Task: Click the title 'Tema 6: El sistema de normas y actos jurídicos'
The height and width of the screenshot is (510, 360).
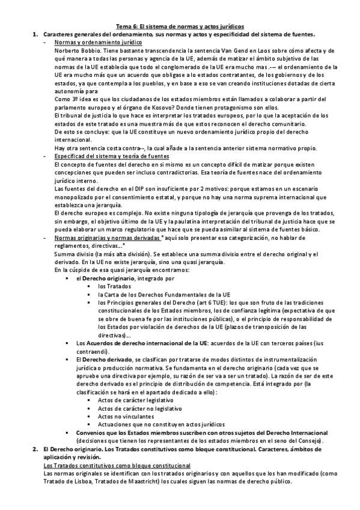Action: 180,26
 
